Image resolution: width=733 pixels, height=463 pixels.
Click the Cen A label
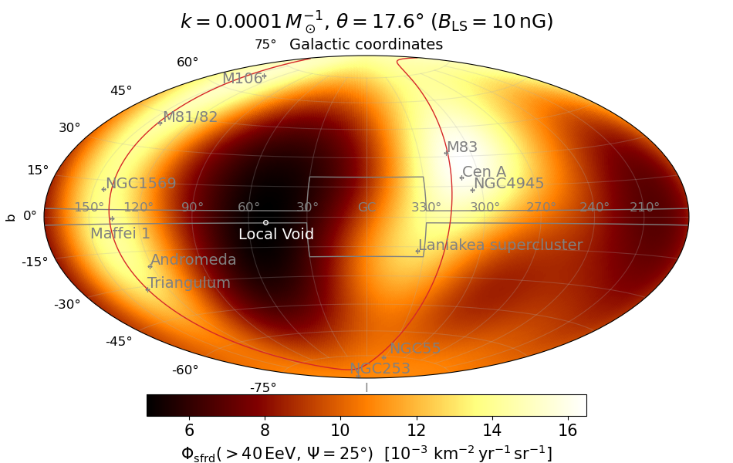coord(484,171)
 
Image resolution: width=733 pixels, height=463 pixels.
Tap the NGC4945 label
coord(508,184)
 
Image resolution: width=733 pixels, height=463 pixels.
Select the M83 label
coord(462,147)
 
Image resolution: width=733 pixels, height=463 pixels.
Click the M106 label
coord(242,79)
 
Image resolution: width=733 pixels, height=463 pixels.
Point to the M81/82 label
coord(190,117)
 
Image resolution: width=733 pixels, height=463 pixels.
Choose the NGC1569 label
coord(140,184)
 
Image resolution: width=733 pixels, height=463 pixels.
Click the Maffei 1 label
coord(120,234)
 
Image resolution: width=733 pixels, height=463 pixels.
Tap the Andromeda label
coord(193,260)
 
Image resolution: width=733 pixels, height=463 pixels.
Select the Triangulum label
coord(189,283)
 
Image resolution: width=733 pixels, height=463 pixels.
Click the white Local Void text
coord(276,235)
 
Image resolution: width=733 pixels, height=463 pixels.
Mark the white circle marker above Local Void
coord(265,222)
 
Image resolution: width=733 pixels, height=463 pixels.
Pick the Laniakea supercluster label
coord(501,245)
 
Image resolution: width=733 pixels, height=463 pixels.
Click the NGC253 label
coord(380,369)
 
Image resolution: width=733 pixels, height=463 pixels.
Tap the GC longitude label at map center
coord(366,208)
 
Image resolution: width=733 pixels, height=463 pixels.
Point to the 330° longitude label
coord(426,208)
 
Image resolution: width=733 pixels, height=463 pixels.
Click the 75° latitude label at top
coord(265,45)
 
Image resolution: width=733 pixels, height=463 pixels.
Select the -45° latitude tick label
coord(119,341)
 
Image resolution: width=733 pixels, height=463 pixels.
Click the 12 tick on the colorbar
coord(416,429)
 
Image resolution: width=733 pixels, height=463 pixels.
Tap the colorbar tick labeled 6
coord(189,429)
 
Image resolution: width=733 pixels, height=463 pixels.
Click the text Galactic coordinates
coord(366,45)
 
